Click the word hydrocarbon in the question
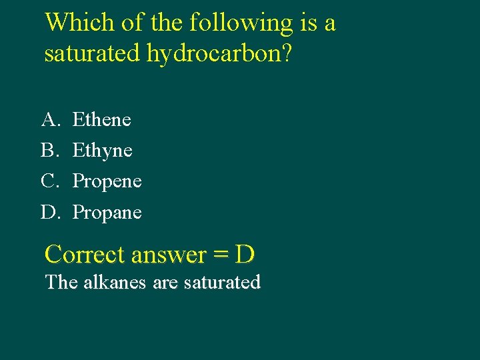pos(213,54)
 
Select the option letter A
pos(49,119)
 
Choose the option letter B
pos(49,150)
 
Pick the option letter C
pos(49,181)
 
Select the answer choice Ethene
pos(101,119)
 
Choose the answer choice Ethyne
pos(102,151)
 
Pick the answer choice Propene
pos(107,181)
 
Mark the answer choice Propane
pos(107,213)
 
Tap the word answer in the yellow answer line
pos(169,255)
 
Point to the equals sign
pos(221,255)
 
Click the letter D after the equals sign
pos(245,254)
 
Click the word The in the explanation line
pos(61,282)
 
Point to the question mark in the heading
pos(286,53)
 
